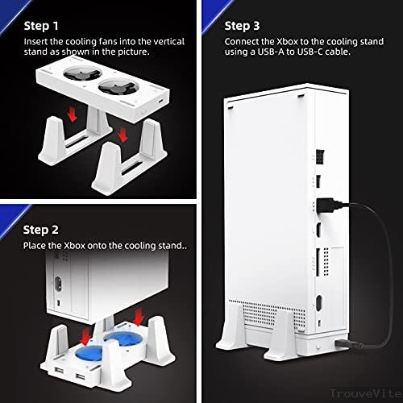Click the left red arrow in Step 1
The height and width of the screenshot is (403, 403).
pos(76,117)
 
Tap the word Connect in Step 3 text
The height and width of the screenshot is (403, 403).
pos(247,41)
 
